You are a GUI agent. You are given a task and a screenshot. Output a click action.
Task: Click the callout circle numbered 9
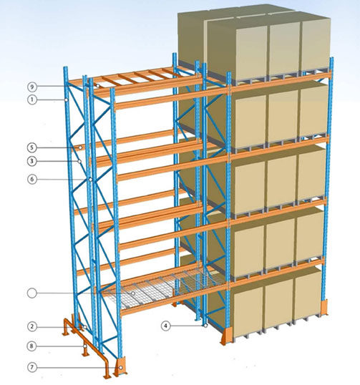tap(32, 87)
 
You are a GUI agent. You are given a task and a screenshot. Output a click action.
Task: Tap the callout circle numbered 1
tap(32, 100)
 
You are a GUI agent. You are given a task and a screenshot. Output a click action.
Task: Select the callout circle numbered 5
tap(32, 147)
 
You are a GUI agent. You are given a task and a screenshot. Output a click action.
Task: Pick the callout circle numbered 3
tap(32, 161)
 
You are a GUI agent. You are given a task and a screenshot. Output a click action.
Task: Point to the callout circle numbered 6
tap(32, 179)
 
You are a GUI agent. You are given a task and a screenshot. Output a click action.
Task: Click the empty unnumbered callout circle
tap(32, 293)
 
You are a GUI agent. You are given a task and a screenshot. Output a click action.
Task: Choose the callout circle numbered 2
tap(32, 326)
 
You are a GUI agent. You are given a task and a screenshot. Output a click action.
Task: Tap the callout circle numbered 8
tap(32, 346)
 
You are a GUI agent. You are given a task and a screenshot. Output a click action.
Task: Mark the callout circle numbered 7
tap(32, 368)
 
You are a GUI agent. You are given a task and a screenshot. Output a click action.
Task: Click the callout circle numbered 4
tap(166, 326)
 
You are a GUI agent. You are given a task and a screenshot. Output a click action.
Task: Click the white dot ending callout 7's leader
tap(120, 368)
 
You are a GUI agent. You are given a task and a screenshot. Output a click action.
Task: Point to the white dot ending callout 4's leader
tap(205, 326)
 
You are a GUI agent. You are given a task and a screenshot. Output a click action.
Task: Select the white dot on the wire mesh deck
tap(133, 293)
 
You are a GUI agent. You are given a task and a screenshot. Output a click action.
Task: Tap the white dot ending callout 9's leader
tap(98, 86)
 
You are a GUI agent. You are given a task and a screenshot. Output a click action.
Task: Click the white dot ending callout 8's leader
tap(84, 346)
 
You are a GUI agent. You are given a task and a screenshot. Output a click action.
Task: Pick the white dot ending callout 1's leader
tap(67, 100)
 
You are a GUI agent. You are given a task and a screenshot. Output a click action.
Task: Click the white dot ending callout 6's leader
tap(90, 180)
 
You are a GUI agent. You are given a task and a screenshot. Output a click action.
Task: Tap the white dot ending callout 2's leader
tap(84, 327)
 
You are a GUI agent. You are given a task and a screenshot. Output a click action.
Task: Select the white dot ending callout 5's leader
tap(80, 147)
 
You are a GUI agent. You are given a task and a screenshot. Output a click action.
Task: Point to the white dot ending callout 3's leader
tap(79, 161)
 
